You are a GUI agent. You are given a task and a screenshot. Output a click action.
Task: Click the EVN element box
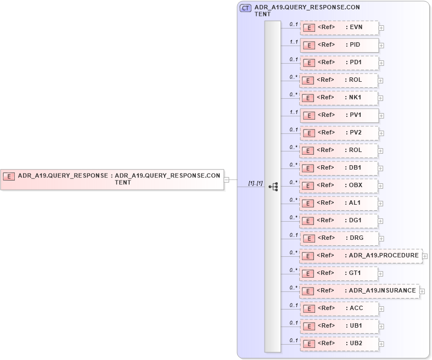pyautogui.click(x=339, y=27)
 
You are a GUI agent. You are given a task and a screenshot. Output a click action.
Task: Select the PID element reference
pyautogui.click(x=339, y=45)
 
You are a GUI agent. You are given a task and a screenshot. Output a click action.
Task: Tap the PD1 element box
pyautogui.click(x=339, y=63)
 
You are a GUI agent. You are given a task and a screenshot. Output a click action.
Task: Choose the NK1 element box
pyautogui.click(x=339, y=98)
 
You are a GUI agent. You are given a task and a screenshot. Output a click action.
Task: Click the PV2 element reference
pyautogui.click(x=339, y=133)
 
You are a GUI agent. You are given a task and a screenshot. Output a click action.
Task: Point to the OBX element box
pyautogui.click(x=339, y=185)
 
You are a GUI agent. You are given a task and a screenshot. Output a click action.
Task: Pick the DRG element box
pyautogui.click(x=339, y=238)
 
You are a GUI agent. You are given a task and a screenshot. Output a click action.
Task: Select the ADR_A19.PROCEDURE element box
pyautogui.click(x=361, y=256)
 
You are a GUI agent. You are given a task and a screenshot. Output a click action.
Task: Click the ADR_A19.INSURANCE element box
pyautogui.click(x=360, y=291)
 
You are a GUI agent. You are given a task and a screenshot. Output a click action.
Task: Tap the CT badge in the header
pyautogui.click(x=246, y=8)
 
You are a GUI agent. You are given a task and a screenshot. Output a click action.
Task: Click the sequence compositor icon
pyautogui.click(x=273, y=187)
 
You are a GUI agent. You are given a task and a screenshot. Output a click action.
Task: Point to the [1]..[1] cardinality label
pyautogui.click(x=255, y=183)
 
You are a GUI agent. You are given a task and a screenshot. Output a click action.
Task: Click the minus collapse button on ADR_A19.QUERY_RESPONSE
pyautogui.click(x=226, y=179)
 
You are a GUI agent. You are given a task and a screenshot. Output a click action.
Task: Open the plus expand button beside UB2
pyautogui.click(x=381, y=344)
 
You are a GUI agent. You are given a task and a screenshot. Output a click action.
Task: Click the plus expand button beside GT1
pyautogui.click(x=381, y=274)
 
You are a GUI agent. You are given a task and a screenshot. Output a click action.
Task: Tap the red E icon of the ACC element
pyautogui.click(x=309, y=309)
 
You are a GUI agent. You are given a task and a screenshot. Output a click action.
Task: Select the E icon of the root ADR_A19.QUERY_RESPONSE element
pyautogui.click(x=9, y=176)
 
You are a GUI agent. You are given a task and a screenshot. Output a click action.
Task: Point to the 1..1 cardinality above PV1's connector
pyautogui.click(x=294, y=112)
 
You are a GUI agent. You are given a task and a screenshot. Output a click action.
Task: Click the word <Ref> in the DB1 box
pyautogui.click(x=326, y=167)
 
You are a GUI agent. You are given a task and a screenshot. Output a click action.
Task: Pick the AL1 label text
pyautogui.click(x=355, y=203)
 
